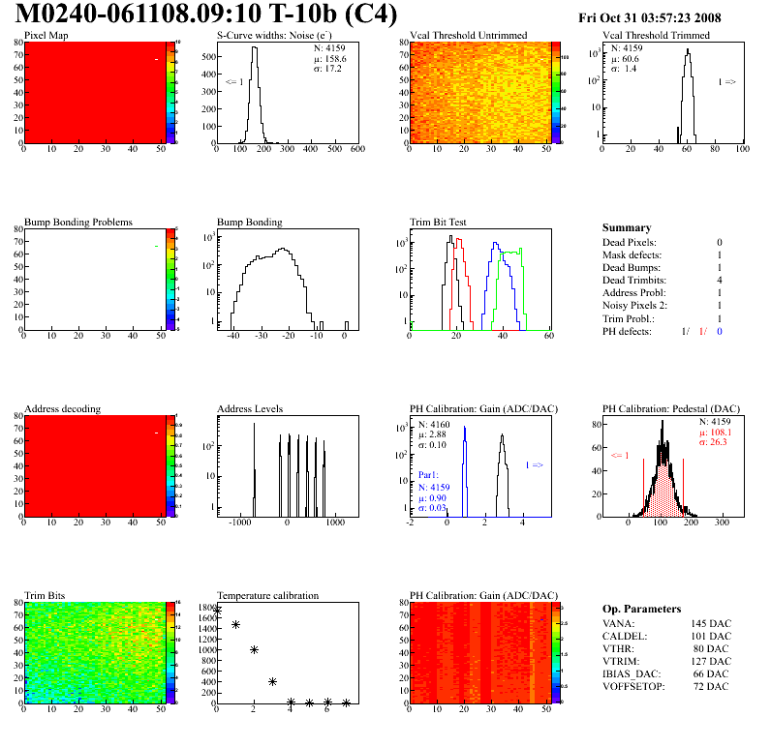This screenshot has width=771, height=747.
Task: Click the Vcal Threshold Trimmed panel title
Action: click(656, 36)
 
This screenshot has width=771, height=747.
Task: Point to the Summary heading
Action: click(627, 227)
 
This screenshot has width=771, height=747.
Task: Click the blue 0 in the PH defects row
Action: click(720, 331)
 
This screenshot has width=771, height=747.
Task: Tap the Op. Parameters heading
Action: click(641, 609)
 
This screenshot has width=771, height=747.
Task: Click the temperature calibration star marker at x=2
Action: click(254, 649)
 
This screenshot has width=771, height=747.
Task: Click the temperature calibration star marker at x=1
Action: click(235, 624)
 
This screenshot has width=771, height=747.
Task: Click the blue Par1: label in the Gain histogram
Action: click(429, 475)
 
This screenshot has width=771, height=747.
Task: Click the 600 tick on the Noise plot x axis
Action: click(356, 150)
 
